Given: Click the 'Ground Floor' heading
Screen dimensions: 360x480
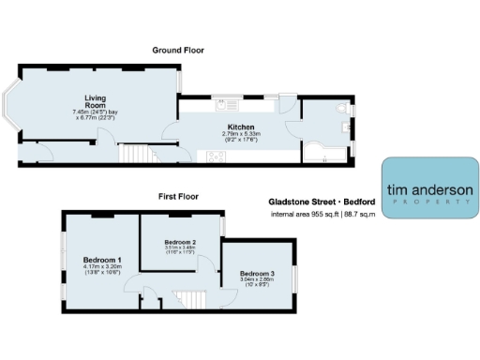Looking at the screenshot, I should click(x=179, y=50).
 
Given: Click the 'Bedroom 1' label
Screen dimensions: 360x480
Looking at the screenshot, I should click(x=102, y=259).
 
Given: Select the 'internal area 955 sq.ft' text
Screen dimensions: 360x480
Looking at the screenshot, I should click(x=299, y=215).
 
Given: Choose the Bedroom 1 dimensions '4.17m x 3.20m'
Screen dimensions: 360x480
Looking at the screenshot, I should click(x=102, y=266).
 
